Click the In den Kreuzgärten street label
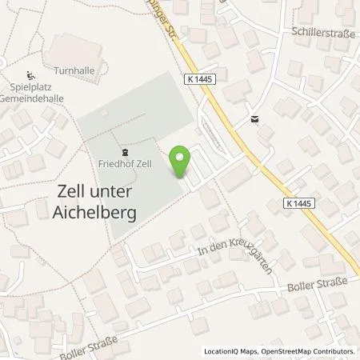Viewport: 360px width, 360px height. tap(232, 260)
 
